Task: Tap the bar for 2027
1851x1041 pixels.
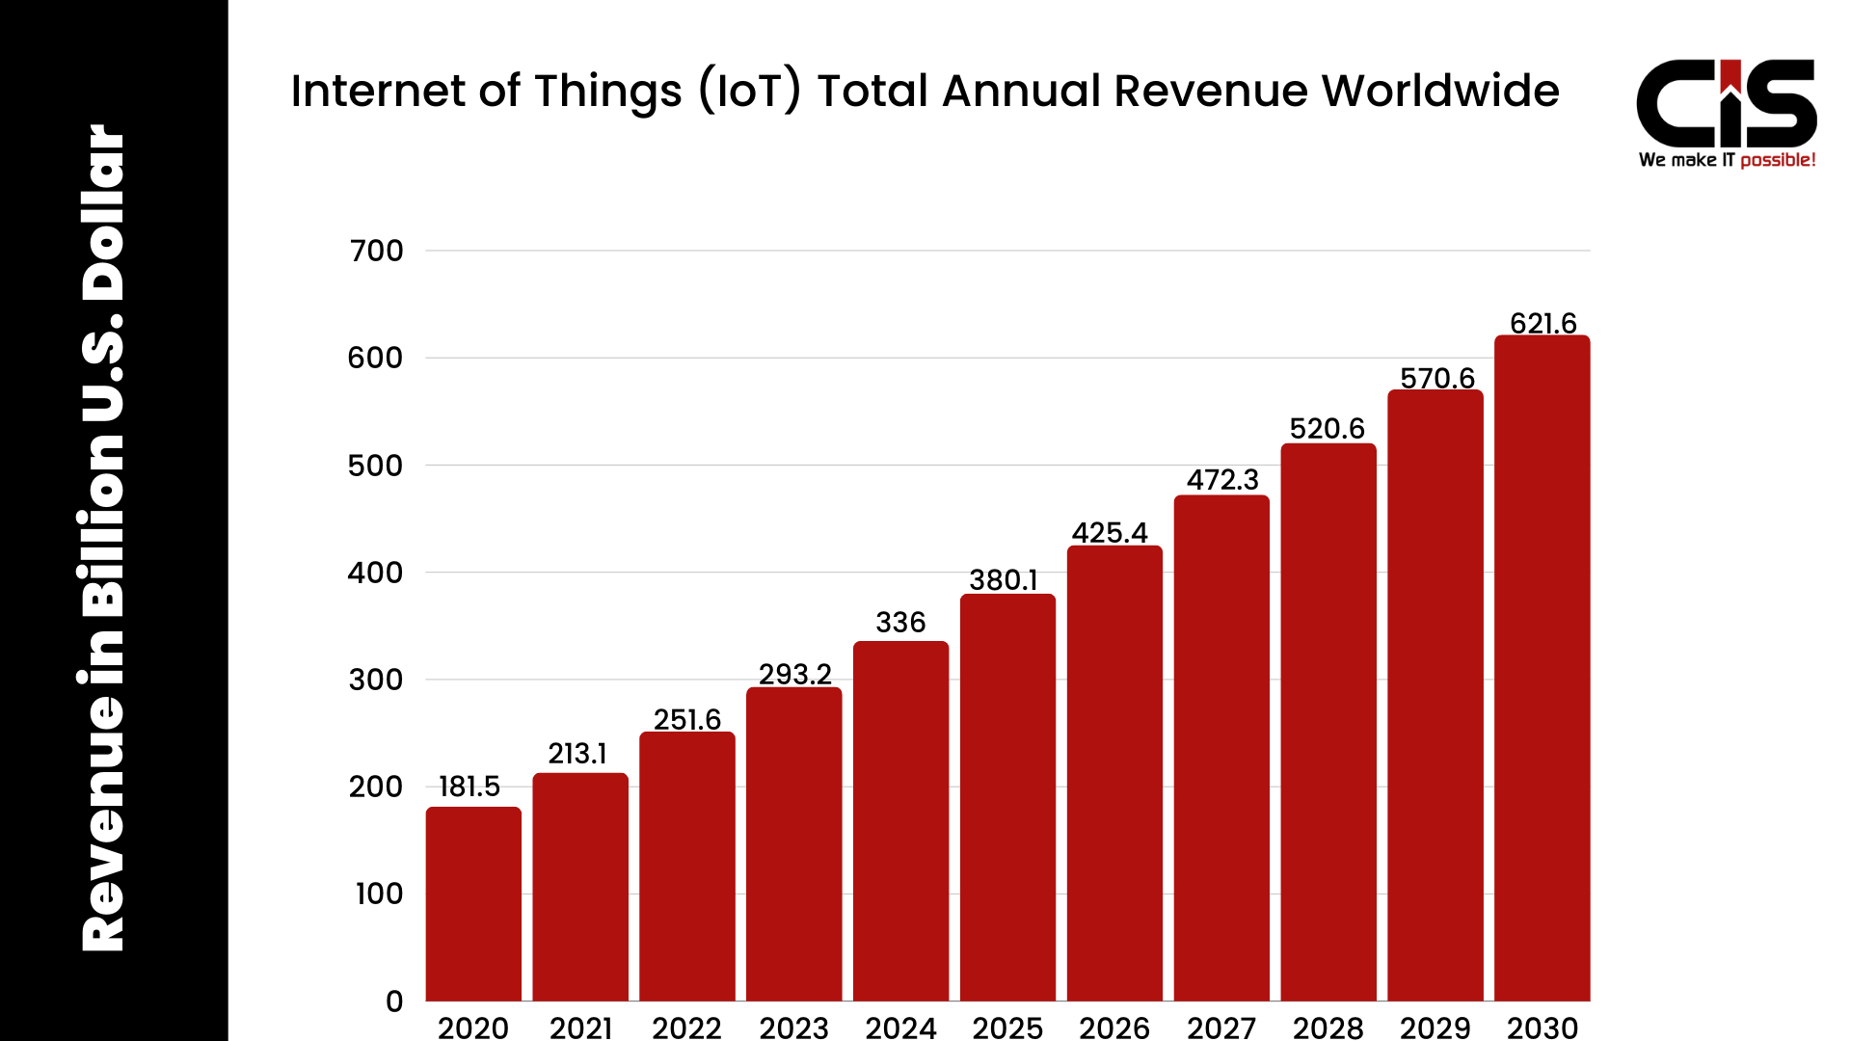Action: coord(1221,748)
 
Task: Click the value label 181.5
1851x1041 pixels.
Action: coord(469,787)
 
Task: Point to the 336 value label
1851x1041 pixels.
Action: coord(900,623)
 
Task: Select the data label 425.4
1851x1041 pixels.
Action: coord(1110,533)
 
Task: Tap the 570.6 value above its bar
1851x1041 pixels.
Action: coord(1437,378)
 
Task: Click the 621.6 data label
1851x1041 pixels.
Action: coord(1542,323)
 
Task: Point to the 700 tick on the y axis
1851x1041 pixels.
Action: coord(377,252)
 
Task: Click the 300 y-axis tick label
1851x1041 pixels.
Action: coord(376,681)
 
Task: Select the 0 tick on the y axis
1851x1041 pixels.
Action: coord(394,1001)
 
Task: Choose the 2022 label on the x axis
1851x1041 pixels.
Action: coord(686,1028)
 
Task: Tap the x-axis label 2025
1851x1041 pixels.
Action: coord(1007,1028)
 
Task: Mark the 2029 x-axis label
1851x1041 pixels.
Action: coord(1435,1028)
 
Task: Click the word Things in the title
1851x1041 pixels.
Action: coord(608,92)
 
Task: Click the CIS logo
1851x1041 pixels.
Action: coord(1726,104)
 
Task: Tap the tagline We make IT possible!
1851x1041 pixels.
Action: coord(1727,160)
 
